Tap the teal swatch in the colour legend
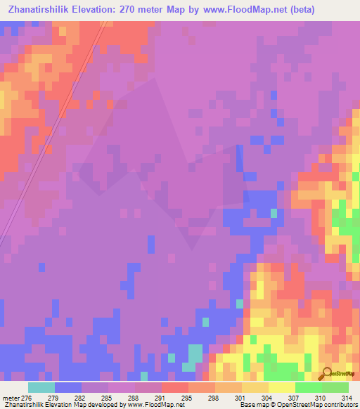41,387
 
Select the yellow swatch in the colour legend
282,387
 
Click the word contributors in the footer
338,405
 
